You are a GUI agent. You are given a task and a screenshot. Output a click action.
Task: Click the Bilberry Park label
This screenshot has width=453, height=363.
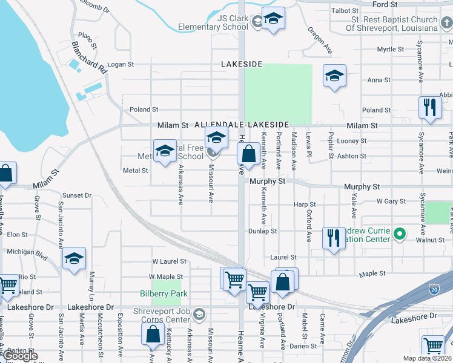[x=163, y=293]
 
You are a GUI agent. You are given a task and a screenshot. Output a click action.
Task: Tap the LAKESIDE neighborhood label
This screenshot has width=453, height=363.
[x=242, y=64]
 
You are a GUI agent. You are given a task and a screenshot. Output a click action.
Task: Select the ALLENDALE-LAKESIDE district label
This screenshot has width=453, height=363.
[x=242, y=125]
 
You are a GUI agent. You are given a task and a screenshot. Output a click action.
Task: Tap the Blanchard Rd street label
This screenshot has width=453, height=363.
[x=89, y=57]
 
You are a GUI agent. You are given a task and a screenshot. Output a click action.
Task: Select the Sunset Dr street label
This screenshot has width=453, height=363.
[x=77, y=195]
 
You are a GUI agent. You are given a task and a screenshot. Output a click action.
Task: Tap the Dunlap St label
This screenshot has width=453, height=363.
[x=262, y=231]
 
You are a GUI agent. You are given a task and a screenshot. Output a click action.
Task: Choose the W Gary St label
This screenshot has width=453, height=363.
[x=390, y=201]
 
